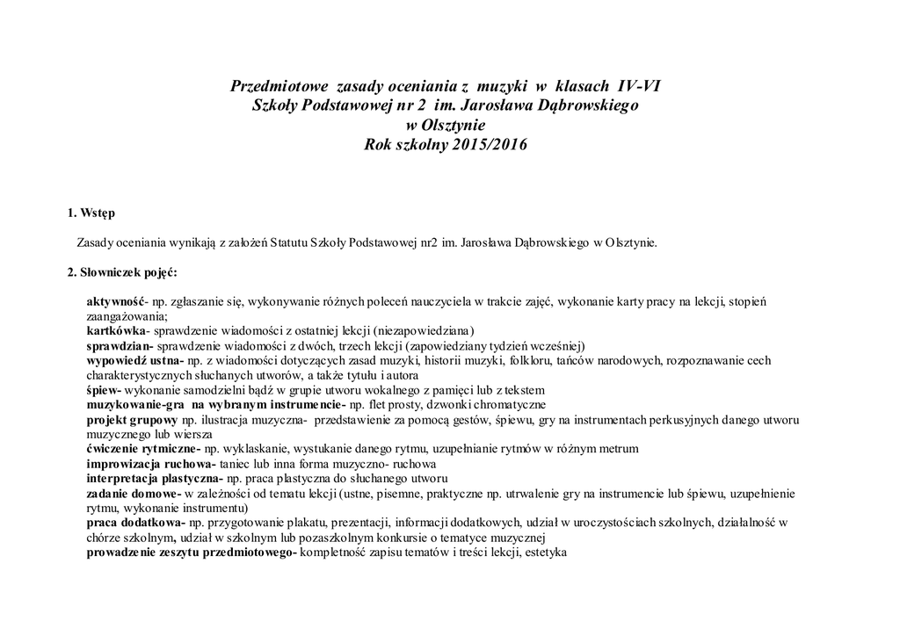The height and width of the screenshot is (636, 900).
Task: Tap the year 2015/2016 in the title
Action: tap(491, 144)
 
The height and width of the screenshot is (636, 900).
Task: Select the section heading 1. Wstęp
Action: tap(91, 213)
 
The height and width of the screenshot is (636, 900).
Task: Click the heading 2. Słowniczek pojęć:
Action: tap(123, 271)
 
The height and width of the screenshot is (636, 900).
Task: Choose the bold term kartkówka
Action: tap(115, 331)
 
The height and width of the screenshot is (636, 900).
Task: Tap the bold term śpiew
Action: tap(103, 390)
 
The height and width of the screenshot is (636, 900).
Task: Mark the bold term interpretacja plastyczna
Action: tap(154, 479)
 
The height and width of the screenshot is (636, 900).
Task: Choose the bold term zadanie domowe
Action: tap(132, 494)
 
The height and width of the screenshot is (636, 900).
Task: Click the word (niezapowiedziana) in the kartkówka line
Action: tap(424, 331)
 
